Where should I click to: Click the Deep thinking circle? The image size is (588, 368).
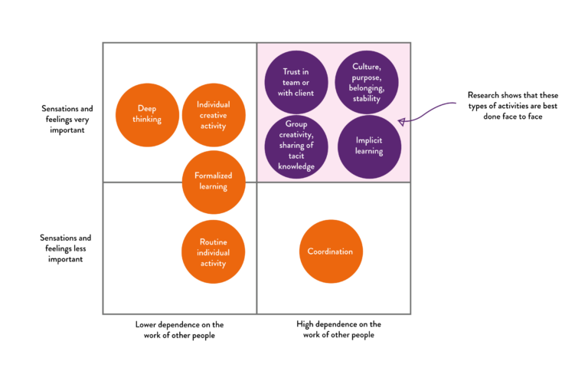147,114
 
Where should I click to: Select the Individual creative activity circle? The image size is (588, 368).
214,114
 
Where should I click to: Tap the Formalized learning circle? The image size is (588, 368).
214,181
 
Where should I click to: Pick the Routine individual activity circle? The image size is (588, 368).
213,252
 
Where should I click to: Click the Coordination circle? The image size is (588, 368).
331,251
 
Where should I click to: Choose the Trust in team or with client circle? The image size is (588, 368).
296,82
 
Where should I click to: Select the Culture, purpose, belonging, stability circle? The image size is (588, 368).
367,82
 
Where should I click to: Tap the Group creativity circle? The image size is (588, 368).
296,146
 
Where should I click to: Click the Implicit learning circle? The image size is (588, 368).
369,146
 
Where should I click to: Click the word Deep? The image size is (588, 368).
147,109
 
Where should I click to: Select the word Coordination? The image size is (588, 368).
331,251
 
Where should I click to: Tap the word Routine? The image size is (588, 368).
213,242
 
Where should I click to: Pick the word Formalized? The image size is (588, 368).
214,176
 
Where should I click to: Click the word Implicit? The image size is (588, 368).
369,140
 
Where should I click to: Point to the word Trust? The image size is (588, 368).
291,72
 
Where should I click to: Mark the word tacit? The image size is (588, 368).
296,156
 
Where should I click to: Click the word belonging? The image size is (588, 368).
367,88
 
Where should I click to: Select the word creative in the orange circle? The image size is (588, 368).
214,115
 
